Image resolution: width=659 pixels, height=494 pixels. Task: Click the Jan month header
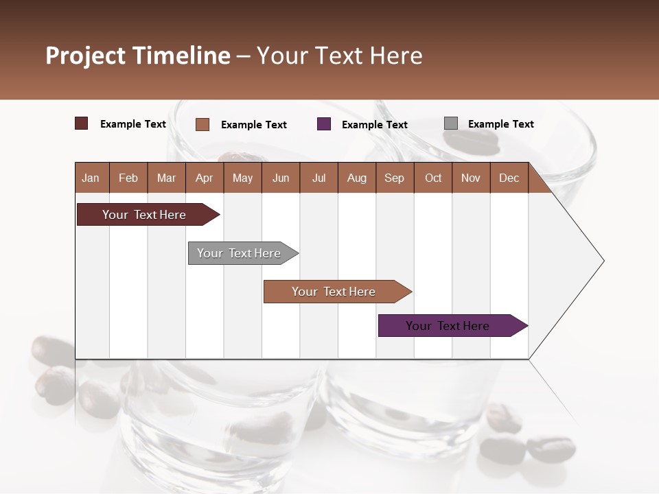click(x=91, y=178)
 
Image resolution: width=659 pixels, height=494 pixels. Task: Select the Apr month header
click(x=204, y=178)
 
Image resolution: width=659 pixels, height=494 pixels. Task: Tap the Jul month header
click(x=319, y=178)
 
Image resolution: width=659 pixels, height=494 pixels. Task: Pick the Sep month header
click(x=394, y=178)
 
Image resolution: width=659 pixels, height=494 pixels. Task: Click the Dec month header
click(x=509, y=178)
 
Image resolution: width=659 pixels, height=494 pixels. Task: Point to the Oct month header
click(x=433, y=178)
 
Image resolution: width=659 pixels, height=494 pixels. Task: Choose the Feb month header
click(x=128, y=178)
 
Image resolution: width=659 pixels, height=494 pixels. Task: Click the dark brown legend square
click(x=81, y=123)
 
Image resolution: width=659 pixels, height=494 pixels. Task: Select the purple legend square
click(x=324, y=124)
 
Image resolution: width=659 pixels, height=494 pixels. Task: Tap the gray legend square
click(x=451, y=123)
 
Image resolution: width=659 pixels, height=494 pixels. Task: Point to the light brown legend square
click(x=203, y=124)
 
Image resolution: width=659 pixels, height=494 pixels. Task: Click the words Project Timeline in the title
click(x=138, y=56)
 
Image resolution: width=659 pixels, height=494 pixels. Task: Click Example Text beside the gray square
click(x=500, y=124)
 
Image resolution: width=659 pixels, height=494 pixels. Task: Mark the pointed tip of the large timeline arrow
click(x=603, y=261)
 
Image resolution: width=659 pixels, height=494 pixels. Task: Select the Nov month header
click(x=471, y=178)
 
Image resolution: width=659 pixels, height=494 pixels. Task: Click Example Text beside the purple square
click(x=374, y=125)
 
